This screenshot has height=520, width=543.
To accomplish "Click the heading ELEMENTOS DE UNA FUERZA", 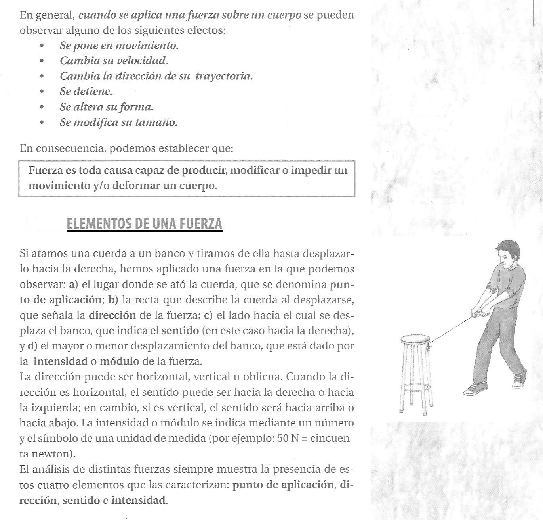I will pyautogui.click(x=145, y=224).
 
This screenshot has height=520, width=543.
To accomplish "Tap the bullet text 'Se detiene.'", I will pyautogui.click(x=86, y=92).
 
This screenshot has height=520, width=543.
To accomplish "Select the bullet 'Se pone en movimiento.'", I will pyautogui.click(x=119, y=46).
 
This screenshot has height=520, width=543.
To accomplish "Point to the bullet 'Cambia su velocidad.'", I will pyautogui.click(x=114, y=61).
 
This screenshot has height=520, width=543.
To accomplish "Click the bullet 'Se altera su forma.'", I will pyautogui.click(x=107, y=107).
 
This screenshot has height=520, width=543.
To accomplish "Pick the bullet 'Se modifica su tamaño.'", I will pyautogui.click(x=118, y=123).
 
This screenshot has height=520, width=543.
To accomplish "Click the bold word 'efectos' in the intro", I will pyautogui.click(x=205, y=31).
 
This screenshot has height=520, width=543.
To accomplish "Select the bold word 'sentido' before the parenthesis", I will pyautogui.click(x=180, y=330).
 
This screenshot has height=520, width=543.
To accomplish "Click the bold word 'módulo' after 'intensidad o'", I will pyautogui.click(x=119, y=361).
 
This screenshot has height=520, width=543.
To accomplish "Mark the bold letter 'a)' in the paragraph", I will pyautogui.click(x=72, y=284).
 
